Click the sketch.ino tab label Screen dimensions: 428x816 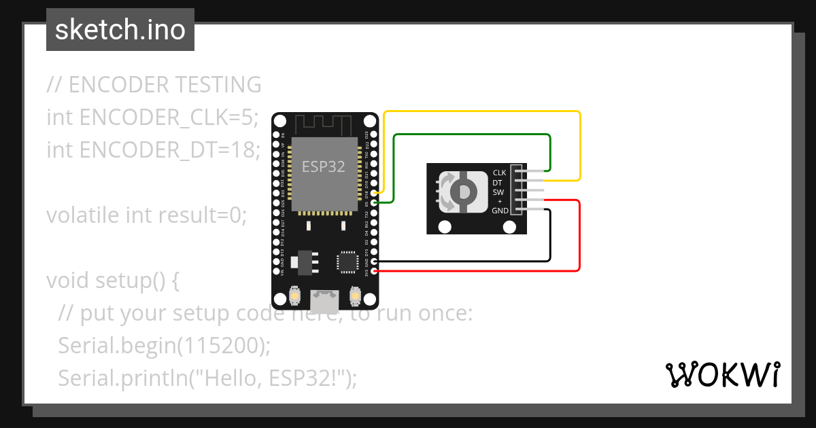(x=120, y=30)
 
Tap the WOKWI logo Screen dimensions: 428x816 (x=722, y=374)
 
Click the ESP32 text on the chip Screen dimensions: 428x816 (x=323, y=166)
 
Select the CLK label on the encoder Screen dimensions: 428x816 (x=500, y=173)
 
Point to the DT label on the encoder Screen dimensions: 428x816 (x=498, y=183)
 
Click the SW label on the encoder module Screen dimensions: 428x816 (x=498, y=192)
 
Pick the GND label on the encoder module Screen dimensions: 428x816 (x=500, y=211)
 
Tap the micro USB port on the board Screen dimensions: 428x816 (x=324, y=300)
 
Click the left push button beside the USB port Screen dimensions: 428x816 (x=295, y=296)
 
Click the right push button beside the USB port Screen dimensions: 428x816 (x=354, y=296)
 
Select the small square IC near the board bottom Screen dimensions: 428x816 (x=347, y=262)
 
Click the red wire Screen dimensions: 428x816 (x=579, y=238)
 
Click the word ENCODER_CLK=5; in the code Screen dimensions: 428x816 (x=169, y=118)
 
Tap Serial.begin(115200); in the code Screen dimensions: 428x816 (x=165, y=346)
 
